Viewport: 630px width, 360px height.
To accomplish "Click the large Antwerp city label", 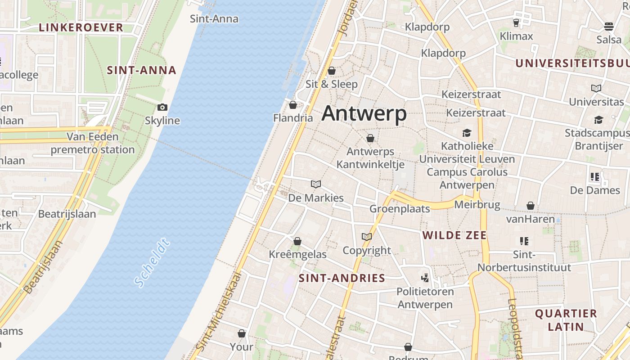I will [x=364, y=113].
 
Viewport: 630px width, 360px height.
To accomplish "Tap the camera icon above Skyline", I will [x=162, y=107].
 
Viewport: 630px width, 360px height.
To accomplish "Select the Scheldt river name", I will [x=152, y=264].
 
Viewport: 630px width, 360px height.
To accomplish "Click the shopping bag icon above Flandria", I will [x=293, y=105].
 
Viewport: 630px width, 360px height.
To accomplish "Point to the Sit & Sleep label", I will [x=332, y=84].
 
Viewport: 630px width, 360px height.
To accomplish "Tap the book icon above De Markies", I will [x=316, y=184].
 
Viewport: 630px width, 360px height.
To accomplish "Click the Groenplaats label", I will [x=400, y=208].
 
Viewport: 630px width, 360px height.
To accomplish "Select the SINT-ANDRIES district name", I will [x=342, y=278].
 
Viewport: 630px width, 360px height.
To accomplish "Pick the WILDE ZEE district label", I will [x=454, y=235].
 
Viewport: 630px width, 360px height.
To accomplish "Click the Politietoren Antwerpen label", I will [x=425, y=298].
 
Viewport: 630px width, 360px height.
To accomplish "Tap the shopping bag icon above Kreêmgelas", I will [x=297, y=241].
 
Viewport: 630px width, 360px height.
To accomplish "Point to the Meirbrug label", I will [x=477, y=205].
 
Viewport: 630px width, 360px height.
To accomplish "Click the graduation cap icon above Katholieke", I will [x=467, y=133].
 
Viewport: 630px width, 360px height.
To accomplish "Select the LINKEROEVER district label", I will [x=81, y=27].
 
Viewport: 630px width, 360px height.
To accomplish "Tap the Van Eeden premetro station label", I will [x=93, y=143].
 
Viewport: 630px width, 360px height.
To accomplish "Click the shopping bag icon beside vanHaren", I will [x=531, y=206].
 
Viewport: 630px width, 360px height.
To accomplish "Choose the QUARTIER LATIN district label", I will [x=566, y=320].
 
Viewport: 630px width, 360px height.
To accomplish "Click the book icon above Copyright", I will [x=367, y=237].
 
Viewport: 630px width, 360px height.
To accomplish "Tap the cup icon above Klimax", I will [x=516, y=22].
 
